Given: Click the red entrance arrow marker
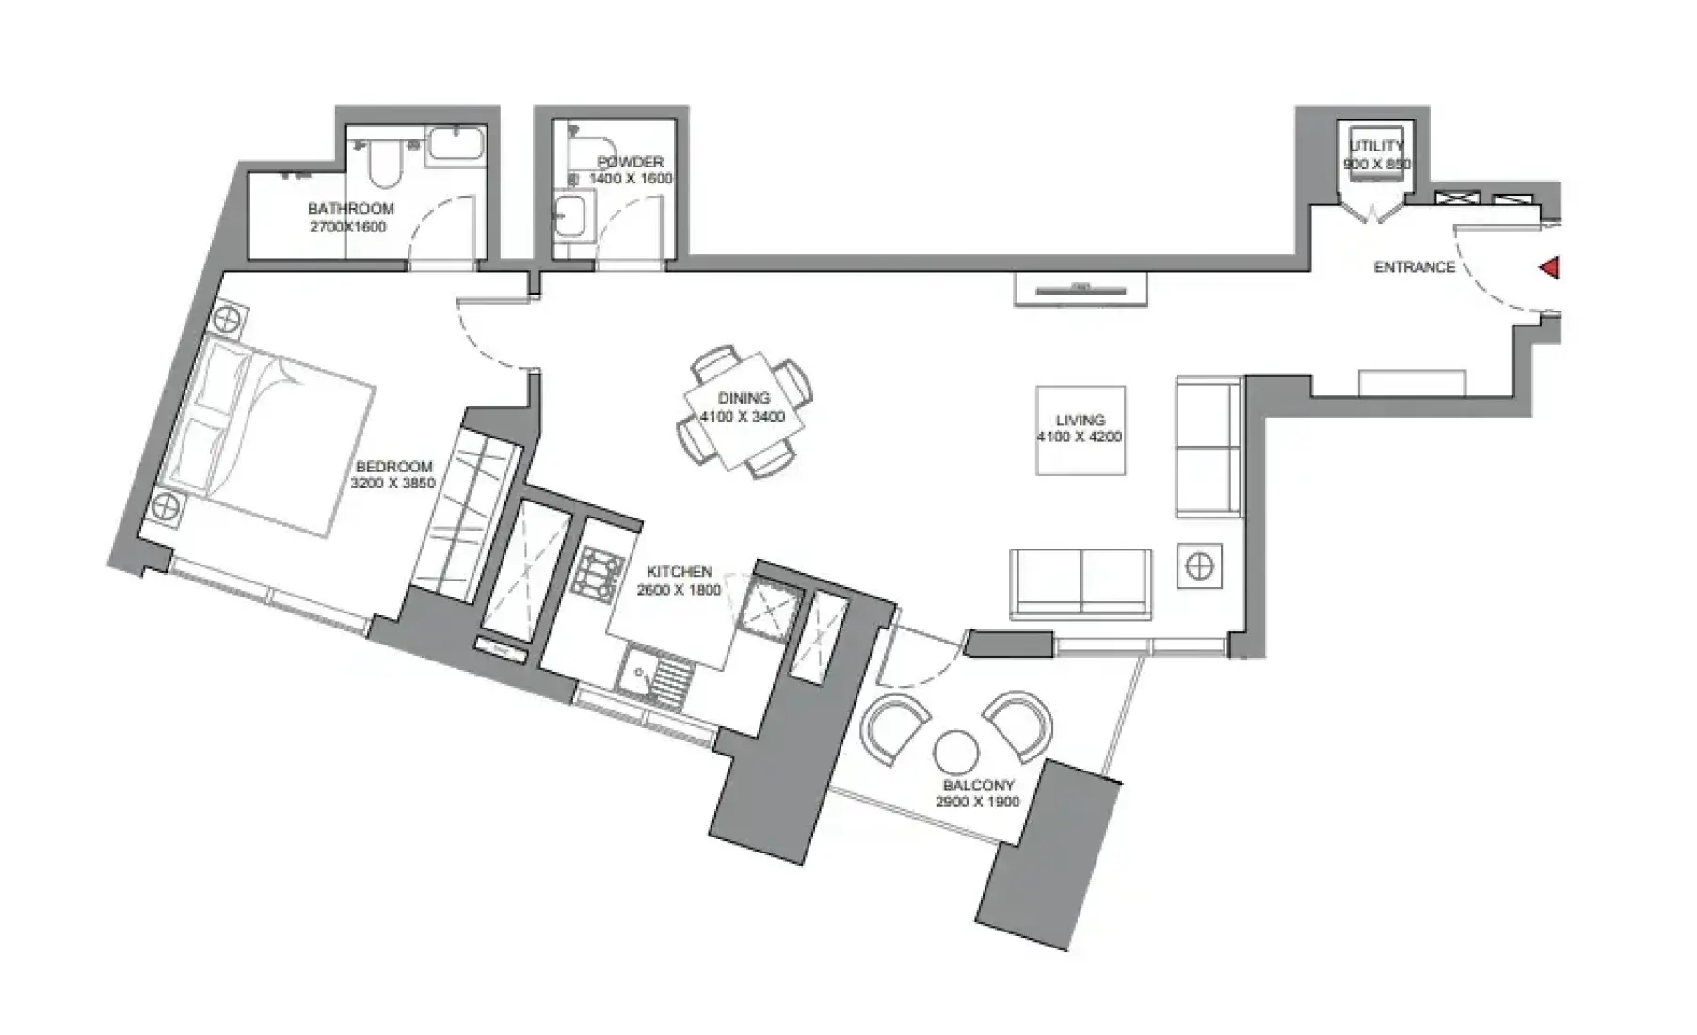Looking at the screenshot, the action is click(1549, 268).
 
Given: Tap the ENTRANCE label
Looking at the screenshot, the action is click(1414, 267).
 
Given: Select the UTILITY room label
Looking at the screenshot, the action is click(1376, 146).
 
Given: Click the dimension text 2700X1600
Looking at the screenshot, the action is click(348, 227).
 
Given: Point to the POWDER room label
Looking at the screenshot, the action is click(631, 162).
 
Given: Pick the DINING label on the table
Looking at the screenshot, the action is click(744, 398).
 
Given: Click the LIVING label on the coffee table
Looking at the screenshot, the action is click(1080, 421).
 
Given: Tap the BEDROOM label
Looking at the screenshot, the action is click(393, 467).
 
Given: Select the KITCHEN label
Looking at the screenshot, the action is click(679, 572).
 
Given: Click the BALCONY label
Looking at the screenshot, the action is click(978, 785).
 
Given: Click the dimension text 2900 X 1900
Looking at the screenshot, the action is click(978, 803).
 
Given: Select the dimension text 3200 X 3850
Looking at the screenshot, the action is click(392, 484).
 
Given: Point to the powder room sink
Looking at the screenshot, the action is click(569, 217).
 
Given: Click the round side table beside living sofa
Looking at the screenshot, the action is click(1199, 566).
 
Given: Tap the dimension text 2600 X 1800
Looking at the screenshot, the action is click(679, 590).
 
